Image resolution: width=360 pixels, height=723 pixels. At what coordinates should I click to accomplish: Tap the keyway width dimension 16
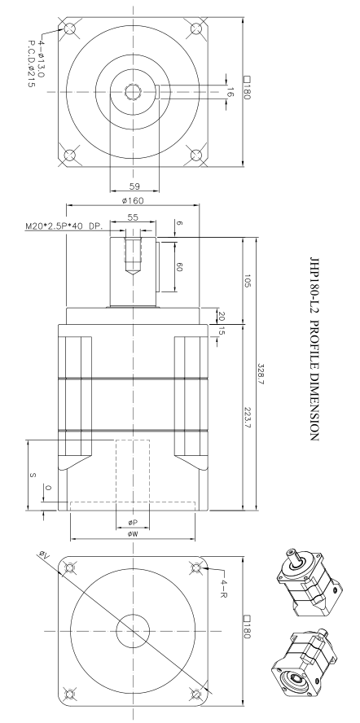pos(230,94)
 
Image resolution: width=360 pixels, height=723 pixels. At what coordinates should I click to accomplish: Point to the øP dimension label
pos(132,522)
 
